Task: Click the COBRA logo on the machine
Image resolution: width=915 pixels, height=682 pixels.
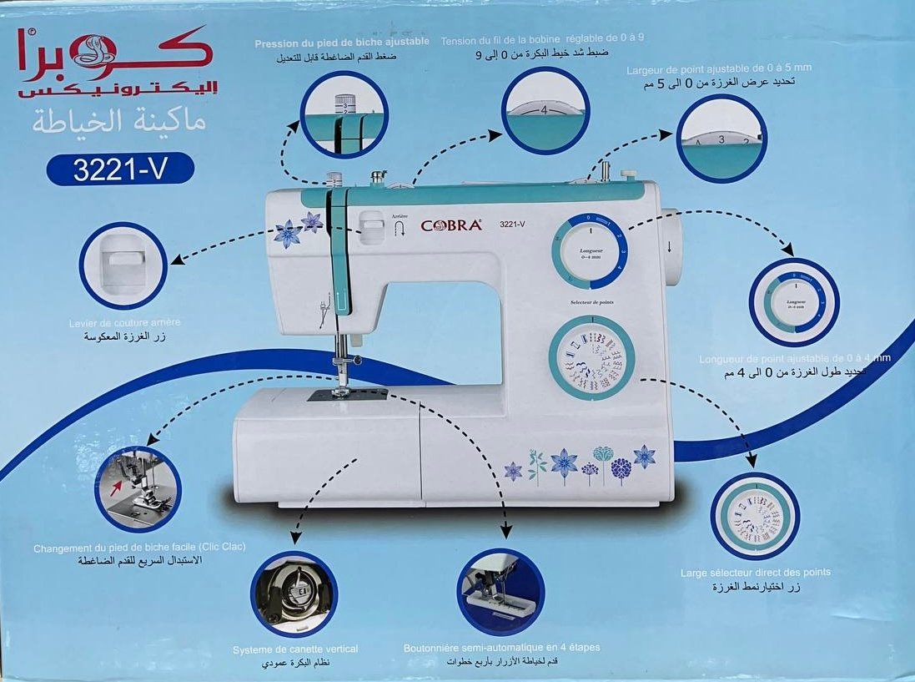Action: pos(450,225)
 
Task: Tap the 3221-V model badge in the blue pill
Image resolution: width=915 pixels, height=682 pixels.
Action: pos(121,169)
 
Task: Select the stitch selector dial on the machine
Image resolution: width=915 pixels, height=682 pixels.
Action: pos(591,358)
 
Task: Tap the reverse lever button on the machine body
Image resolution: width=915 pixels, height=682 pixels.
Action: pos(372,227)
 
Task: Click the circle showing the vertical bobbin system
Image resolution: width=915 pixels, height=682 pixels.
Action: pos(294,594)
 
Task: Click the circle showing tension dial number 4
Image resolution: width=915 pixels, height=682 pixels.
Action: pos(545,110)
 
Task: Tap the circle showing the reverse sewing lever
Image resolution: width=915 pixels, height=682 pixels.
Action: pos(123,265)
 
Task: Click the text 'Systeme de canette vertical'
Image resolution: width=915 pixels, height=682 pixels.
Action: pos(296,649)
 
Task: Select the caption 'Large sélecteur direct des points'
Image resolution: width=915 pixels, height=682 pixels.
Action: pos(755,573)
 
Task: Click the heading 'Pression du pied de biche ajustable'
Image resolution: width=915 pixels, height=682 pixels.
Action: pos(342,41)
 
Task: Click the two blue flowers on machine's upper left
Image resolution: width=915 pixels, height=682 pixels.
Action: pos(298,230)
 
